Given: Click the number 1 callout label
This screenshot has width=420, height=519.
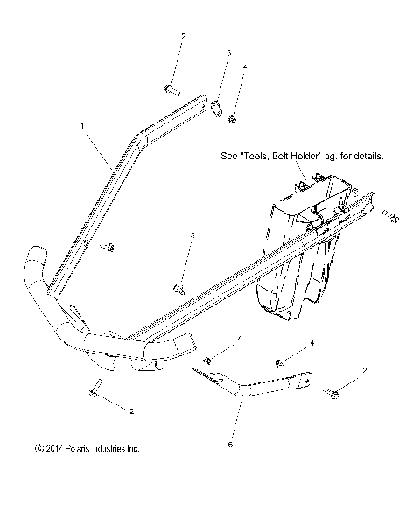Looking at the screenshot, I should (x=83, y=126).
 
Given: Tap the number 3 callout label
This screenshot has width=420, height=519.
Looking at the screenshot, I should (x=228, y=53).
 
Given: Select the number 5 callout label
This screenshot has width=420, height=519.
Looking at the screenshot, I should (x=191, y=235).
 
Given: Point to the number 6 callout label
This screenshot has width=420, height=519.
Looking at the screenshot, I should (x=231, y=445).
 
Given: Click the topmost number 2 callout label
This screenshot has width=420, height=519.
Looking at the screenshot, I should (x=183, y=36).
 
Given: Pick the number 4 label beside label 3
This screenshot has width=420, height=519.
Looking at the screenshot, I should (x=244, y=66).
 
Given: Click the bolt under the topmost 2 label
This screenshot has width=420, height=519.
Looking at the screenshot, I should (x=170, y=88).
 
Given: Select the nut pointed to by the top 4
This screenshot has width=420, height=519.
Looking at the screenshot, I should (x=233, y=118).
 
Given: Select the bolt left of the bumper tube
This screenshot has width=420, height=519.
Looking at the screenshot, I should (x=109, y=248).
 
